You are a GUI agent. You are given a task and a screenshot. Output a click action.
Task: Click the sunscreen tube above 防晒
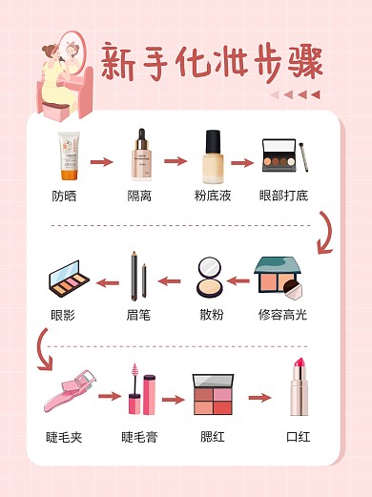[x=69, y=156]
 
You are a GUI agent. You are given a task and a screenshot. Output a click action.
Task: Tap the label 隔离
[x=139, y=196]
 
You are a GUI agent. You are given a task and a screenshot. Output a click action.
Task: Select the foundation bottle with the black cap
[x=213, y=156]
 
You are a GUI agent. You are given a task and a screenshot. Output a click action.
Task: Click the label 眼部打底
[x=283, y=196]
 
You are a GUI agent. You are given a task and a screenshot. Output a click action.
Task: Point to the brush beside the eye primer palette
[x=303, y=157]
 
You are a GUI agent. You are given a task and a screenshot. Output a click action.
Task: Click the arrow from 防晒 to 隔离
[x=102, y=162]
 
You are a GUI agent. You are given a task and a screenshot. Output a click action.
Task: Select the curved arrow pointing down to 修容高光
[x=325, y=233]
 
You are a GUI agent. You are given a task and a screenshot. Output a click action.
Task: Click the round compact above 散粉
[x=210, y=278]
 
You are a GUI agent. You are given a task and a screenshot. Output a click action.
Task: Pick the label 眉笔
[x=138, y=315]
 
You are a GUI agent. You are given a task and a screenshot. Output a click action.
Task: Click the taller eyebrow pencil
[x=134, y=276]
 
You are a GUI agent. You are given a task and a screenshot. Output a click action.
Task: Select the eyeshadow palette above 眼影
[x=69, y=279]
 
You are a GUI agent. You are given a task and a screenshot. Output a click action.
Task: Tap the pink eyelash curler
[x=70, y=390]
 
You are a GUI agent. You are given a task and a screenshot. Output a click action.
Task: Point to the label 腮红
[x=213, y=437]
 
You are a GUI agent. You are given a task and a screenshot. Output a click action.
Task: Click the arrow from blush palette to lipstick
[x=259, y=398]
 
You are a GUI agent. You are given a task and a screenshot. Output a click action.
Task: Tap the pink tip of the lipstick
[x=300, y=363]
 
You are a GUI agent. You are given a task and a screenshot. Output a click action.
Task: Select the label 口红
[x=298, y=437]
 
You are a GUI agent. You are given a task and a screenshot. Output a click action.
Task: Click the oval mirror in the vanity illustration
[x=73, y=52]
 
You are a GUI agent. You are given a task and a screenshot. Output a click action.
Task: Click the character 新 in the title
[x=118, y=62]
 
